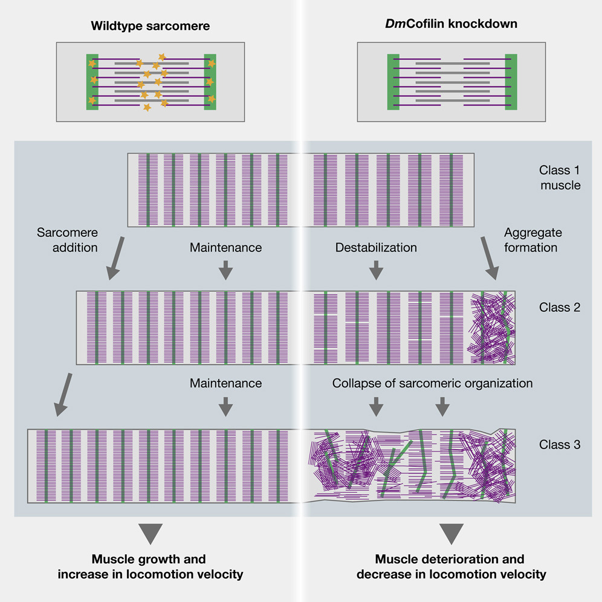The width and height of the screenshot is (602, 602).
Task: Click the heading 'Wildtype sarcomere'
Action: (150, 25)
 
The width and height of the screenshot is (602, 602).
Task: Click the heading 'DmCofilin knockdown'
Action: (451, 25)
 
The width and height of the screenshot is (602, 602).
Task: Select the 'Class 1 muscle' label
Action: (560, 178)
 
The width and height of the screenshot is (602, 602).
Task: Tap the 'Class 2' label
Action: (560, 307)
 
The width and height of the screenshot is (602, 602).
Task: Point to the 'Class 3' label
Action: (560, 445)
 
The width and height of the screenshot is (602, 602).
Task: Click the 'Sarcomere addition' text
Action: (67, 240)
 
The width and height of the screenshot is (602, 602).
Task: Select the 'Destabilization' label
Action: (376, 247)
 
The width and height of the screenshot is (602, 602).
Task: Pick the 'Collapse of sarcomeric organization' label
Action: (432, 383)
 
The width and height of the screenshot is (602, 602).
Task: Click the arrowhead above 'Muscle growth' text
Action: (150, 533)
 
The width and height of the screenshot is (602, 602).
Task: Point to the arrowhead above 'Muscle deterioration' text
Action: (451, 533)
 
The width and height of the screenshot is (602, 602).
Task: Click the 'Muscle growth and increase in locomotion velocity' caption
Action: (150, 566)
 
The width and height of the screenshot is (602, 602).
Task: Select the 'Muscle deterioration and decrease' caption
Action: (451, 566)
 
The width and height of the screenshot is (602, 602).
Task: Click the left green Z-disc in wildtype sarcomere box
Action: (92, 82)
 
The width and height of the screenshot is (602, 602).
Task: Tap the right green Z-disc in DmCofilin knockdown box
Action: (511, 82)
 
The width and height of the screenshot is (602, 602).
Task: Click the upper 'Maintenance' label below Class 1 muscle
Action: (225, 247)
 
